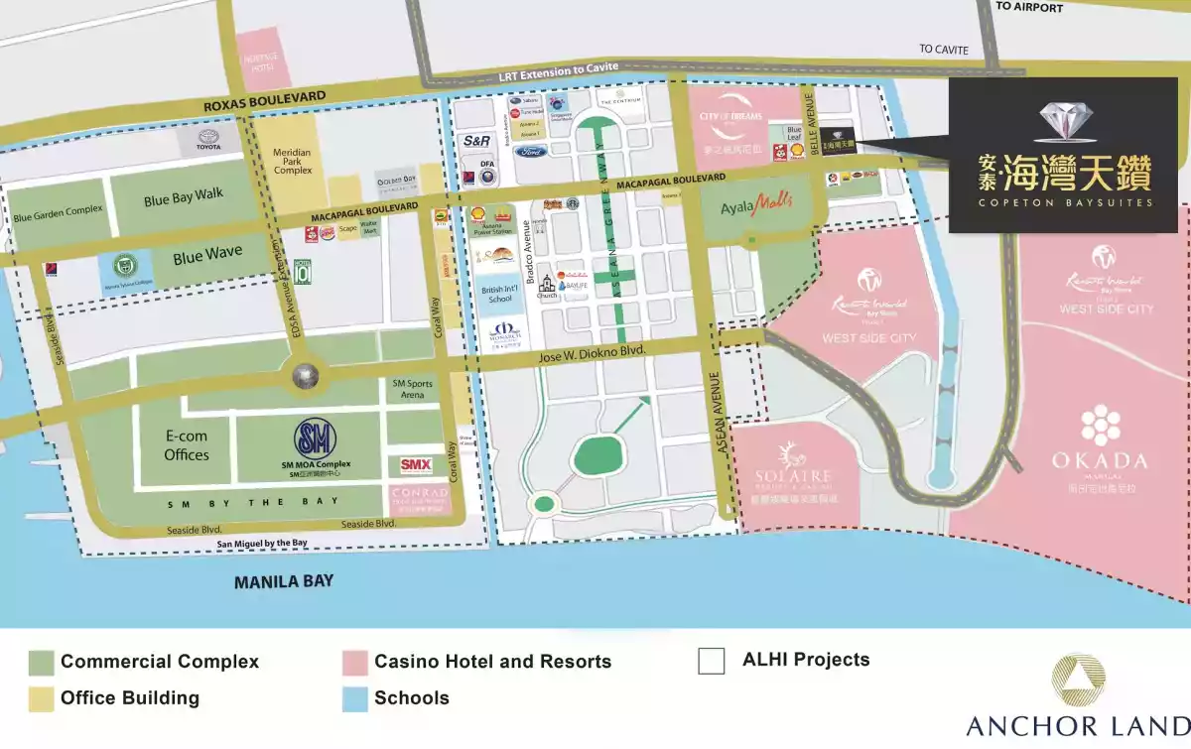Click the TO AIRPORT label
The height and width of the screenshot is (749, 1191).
(x=1029, y=7)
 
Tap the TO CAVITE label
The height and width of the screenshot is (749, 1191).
(x=943, y=49)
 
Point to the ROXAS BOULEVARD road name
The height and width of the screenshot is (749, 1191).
(x=264, y=95)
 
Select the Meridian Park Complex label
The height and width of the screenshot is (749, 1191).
(x=292, y=162)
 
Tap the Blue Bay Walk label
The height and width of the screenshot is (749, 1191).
(x=184, y=197)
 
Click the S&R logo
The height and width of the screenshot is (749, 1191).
(x=477, y=142)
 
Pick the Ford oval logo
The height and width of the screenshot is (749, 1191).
(x=529, y=152)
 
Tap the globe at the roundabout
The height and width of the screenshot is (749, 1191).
(x=306, y=377)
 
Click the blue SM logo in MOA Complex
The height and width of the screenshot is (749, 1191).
(x=315, y=438)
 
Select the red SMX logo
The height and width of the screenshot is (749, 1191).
(x=416, y=464)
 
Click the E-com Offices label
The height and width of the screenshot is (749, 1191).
(x=187, y=444)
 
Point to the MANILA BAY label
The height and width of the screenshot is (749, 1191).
(x=284, y=582)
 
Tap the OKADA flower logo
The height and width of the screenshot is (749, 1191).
(x=1101, y=426)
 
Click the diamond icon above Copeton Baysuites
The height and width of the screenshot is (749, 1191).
(x=1066, y=121)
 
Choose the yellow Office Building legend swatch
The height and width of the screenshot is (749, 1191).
(x=41, y=698)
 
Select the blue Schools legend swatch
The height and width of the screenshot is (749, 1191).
(x=354, y=698)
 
